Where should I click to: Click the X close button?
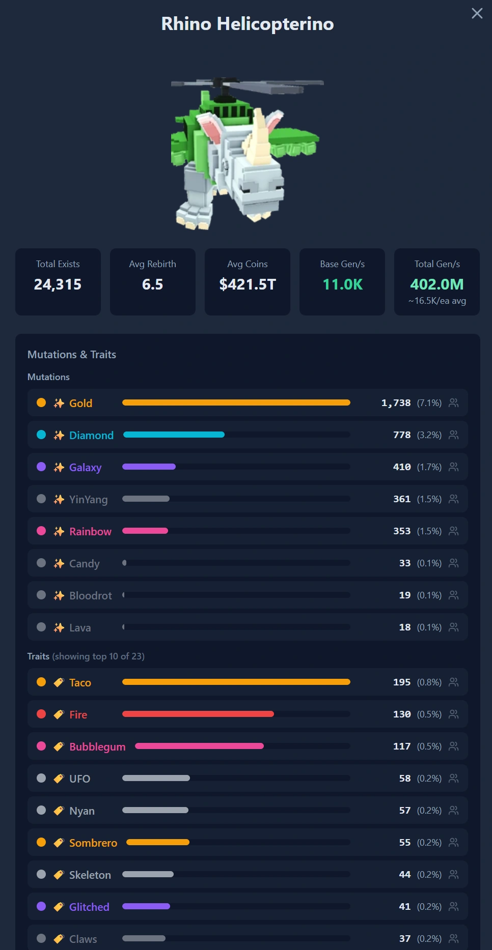(x=477, y=13)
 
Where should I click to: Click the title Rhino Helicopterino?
(x=248, y=24)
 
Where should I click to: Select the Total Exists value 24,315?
(x=58, y=284)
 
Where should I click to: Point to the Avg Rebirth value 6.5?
(x=152, y=284)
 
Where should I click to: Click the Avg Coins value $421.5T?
(x=248, y=284)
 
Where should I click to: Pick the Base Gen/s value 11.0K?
(x=342, y=284)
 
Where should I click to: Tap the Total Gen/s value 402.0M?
(x=437, y=284)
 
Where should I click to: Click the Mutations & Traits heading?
(x=72, y=355)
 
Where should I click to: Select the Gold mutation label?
(x=80, y=403)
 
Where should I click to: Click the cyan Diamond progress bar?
(x=174, y=435)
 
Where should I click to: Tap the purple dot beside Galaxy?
(x=41, y=467)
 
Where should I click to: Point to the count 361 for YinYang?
(x=402, y=499)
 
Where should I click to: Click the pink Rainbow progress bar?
(x=145, y=531)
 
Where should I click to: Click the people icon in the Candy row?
(x=454, y=563)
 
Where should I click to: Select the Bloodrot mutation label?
(x=91, y=595)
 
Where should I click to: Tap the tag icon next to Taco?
(x=59, y=682)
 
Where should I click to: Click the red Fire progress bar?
(x=198, y=714)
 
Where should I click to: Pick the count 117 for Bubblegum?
(x=402, y=746)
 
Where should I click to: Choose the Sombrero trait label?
(x=93, y=843)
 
